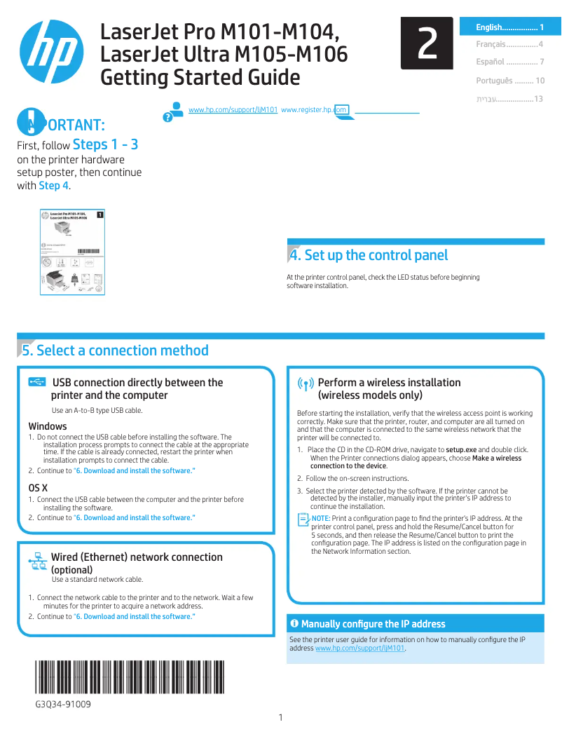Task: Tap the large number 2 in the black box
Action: pyautogui.click(x=427, y=43)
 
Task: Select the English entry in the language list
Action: pyautogui.click(x=509, y=27)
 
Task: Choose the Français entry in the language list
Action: pyautogui.click(x=509, y=44)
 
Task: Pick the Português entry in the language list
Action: pyautogui.click(x=509, y=81)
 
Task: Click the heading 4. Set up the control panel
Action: pyautogui.click(x=369, y=255)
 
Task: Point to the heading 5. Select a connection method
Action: pyautogui.click(x=116, y=351)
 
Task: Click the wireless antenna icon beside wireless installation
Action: pyautogui.click(x=306, y=384)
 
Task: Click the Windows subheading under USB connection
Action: pyautogui.click(x=48, y=426)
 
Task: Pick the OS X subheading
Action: pyautogui.click(x=38, y=487)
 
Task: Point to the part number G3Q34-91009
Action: pyautogui.click(x=63, y=703)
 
